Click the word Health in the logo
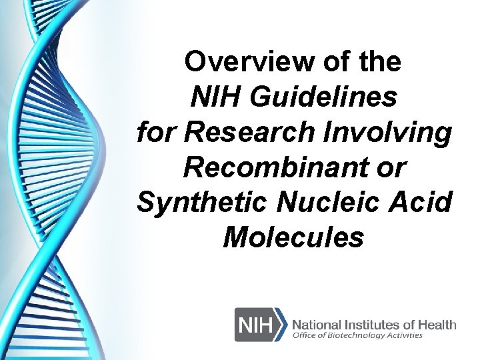pos(437,325)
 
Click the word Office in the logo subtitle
pos(306,336)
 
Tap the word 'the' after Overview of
pos(381,62)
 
